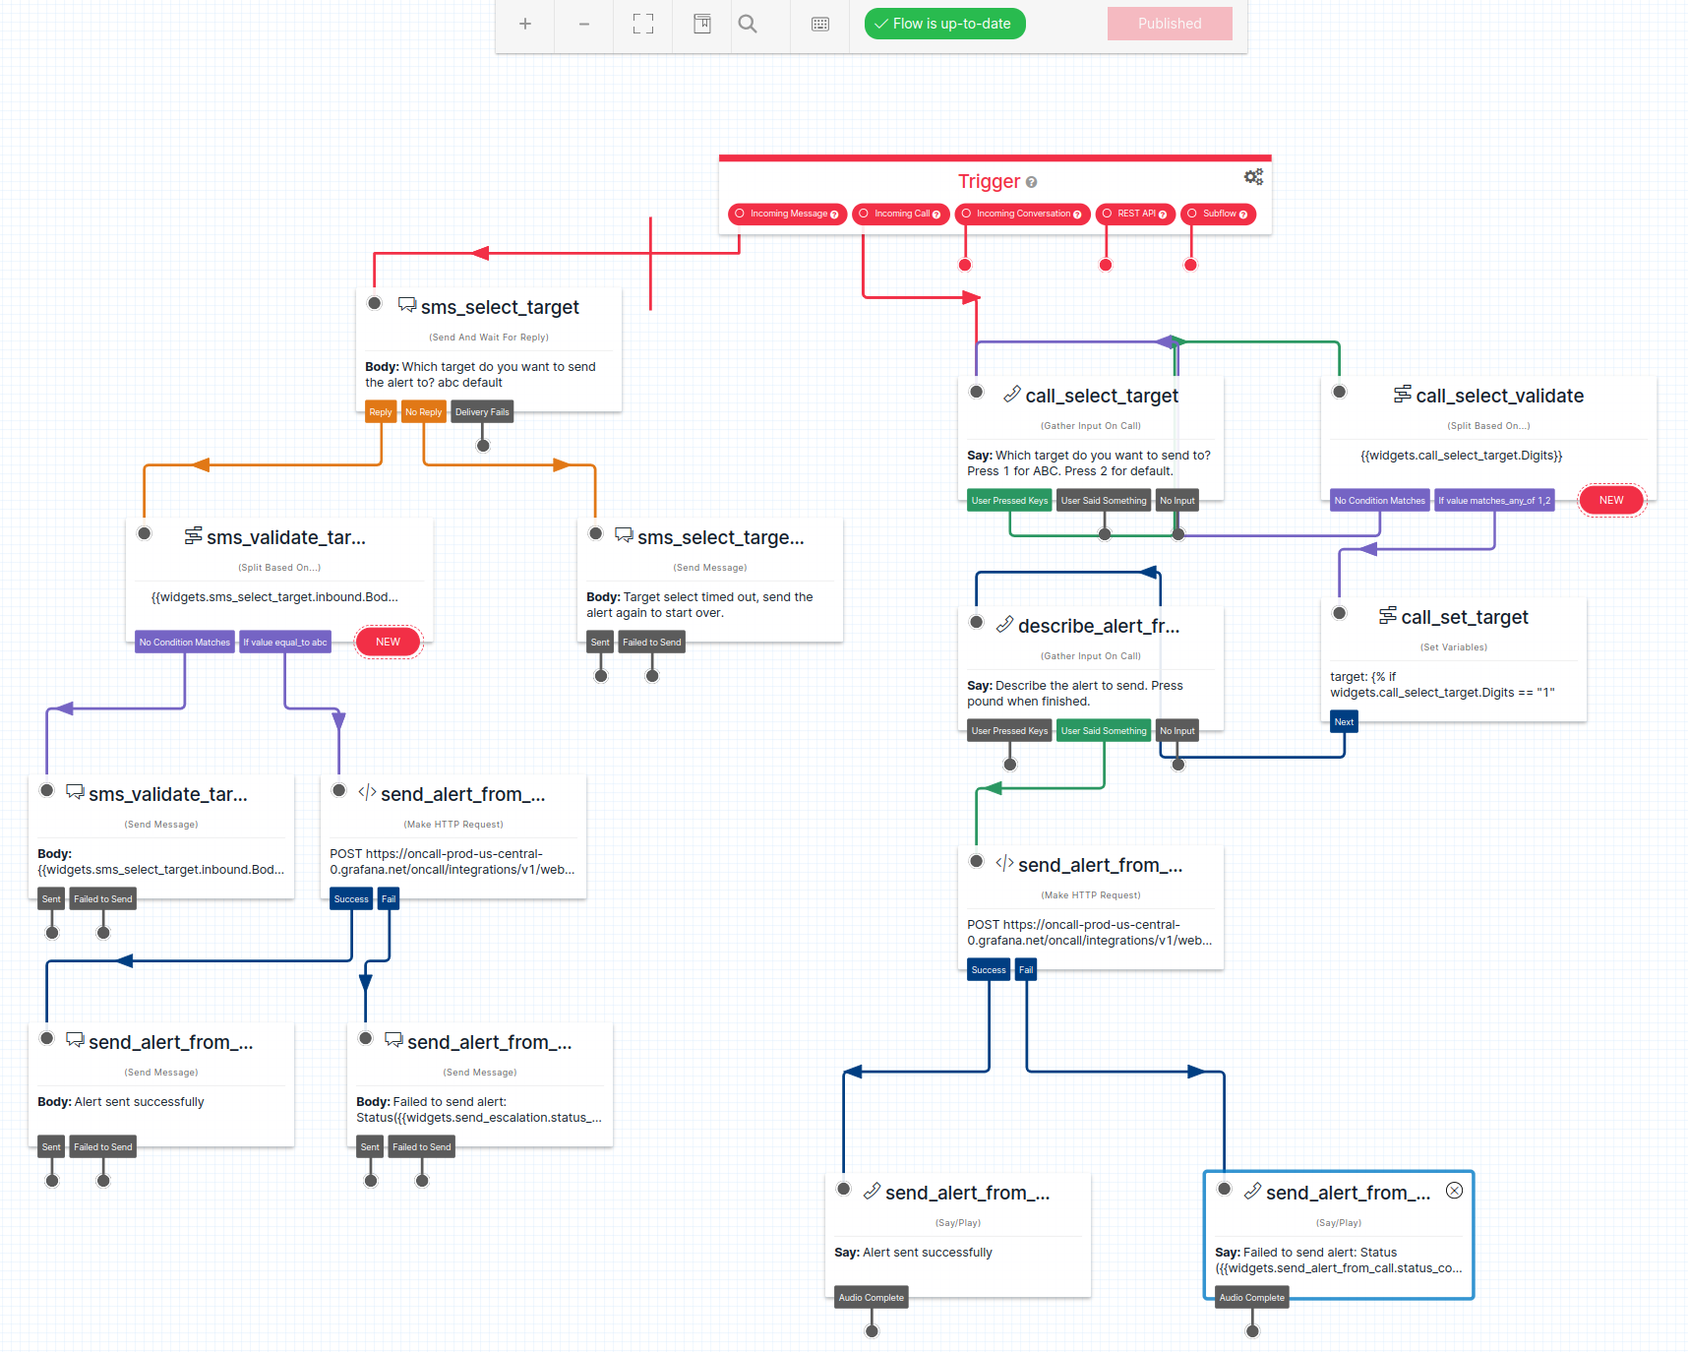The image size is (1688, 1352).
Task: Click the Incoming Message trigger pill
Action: [x=787, y=214]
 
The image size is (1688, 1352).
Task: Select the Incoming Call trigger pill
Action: [x=900, y=214]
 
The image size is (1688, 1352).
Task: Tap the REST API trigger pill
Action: [x=1135, y=214]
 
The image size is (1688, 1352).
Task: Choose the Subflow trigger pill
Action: [x=1218, y=214]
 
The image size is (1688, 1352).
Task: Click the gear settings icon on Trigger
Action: [x=1253, y=177]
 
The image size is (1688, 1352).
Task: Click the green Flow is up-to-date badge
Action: [x=944, y=24]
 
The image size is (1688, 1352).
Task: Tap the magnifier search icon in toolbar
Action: [x=748, y=24]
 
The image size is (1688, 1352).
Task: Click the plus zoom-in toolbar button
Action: [x=525, y=24]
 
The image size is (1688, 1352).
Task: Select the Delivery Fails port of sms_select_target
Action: [x=482, y=412]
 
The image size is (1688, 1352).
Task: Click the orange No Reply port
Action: [x=423, y=412]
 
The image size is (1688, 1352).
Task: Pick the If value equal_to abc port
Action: [x=284, y=643]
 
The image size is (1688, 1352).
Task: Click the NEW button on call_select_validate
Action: [x=1611, y=500]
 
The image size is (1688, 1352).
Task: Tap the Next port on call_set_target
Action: [x=1344, y=722]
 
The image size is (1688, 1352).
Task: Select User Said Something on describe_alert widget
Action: [x=1104, y=731]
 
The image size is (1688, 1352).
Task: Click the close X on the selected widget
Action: [x=1454, y=1191]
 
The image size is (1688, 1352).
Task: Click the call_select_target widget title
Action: [x=1102, y=396]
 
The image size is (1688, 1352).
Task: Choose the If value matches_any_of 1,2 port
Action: [x=1493, y=501]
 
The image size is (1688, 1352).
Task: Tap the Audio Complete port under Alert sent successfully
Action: [x=871, y=1298]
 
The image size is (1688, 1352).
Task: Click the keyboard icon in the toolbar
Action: [x=820, y=24]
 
